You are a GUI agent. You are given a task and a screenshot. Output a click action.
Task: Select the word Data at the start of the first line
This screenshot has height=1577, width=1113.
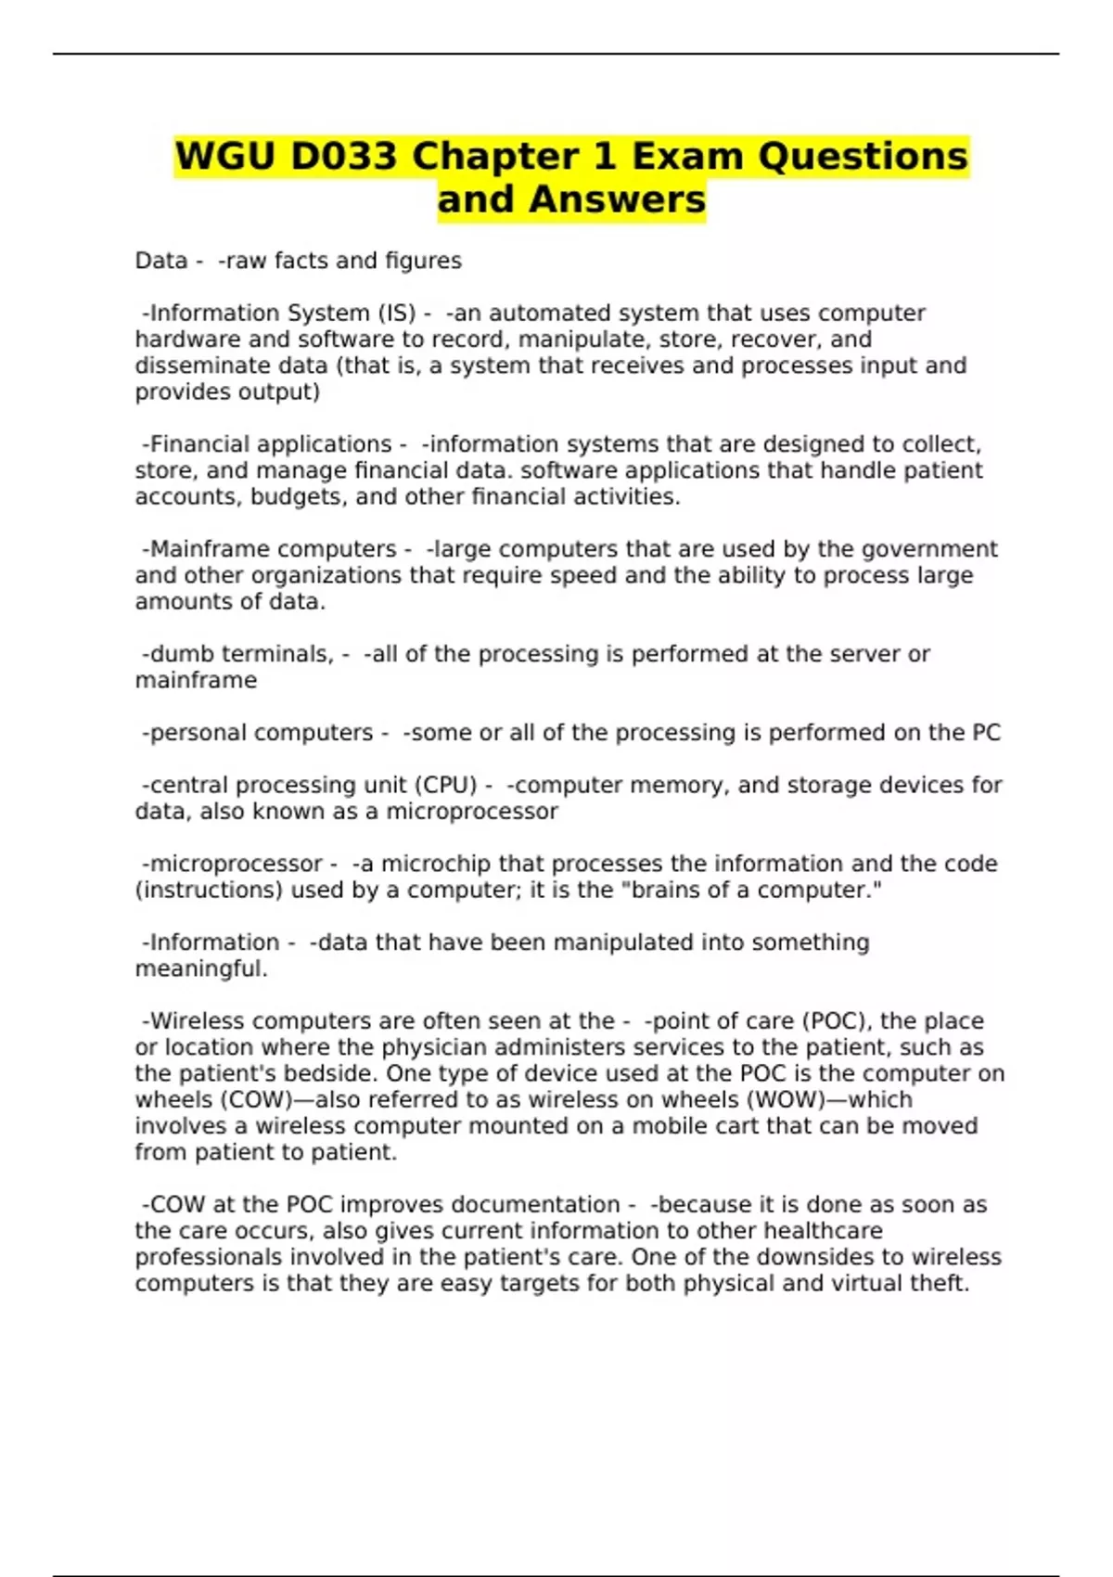[160, 261]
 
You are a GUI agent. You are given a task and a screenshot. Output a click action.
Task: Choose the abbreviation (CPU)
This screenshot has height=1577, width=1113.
[446, 785]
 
